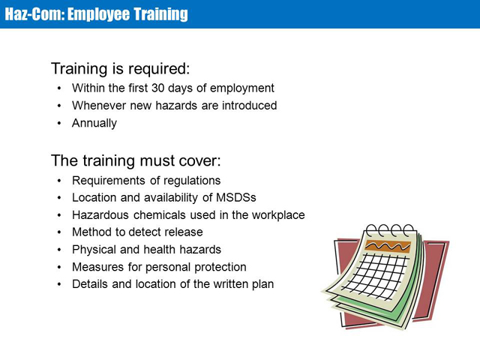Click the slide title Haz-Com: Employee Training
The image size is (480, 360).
pos(97,14)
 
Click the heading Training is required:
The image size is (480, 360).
pos(120,68)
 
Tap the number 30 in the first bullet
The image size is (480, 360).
pos(158,88)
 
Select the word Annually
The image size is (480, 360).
pos(94,123)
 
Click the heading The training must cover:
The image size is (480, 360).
pos(136,160)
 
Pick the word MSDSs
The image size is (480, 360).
pos(236,197)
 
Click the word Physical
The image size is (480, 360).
pos(94,250)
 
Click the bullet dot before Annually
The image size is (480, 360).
pos(59,123)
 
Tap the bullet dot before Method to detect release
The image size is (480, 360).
pos(59,232)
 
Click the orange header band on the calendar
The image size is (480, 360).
pos(388,246)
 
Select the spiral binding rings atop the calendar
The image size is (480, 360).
pos(390,230)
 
